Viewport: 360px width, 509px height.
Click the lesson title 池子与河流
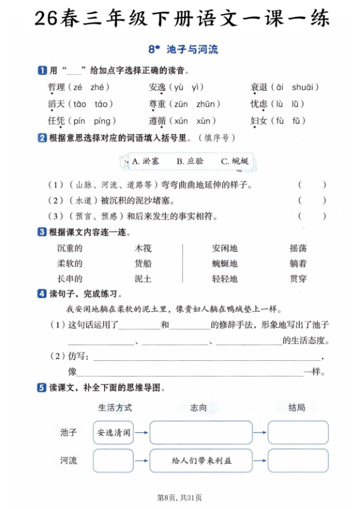click(x=191, y=50)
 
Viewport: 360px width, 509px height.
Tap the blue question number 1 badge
click(x=42, y=71)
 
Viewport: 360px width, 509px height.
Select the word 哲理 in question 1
click(x=56, y=88)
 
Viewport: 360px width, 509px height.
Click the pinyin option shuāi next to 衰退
click(x=304, y=88)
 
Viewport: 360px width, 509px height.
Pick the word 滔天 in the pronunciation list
click(x=56, y=104)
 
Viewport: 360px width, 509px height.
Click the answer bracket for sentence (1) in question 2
click(x=312, y=185)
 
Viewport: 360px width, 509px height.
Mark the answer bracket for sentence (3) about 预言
click(x=312, y=216)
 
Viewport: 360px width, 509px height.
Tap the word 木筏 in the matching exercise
click(x=143, y=248)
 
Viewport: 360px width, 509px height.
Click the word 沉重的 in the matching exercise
click(x=69, y=248)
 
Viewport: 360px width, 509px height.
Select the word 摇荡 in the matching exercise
click(x=298, y=248)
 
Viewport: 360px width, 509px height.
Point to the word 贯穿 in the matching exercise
click(x=298, y=279)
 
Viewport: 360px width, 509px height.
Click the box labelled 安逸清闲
click(x=114, y=433)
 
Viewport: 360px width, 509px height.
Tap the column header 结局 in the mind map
click(x=297, y=408)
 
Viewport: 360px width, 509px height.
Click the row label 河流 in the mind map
click(x=69, y=461)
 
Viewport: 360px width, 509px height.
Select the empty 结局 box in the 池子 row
click(x=298, y=433)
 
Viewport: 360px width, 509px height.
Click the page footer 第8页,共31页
click(x=179, y=498)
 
